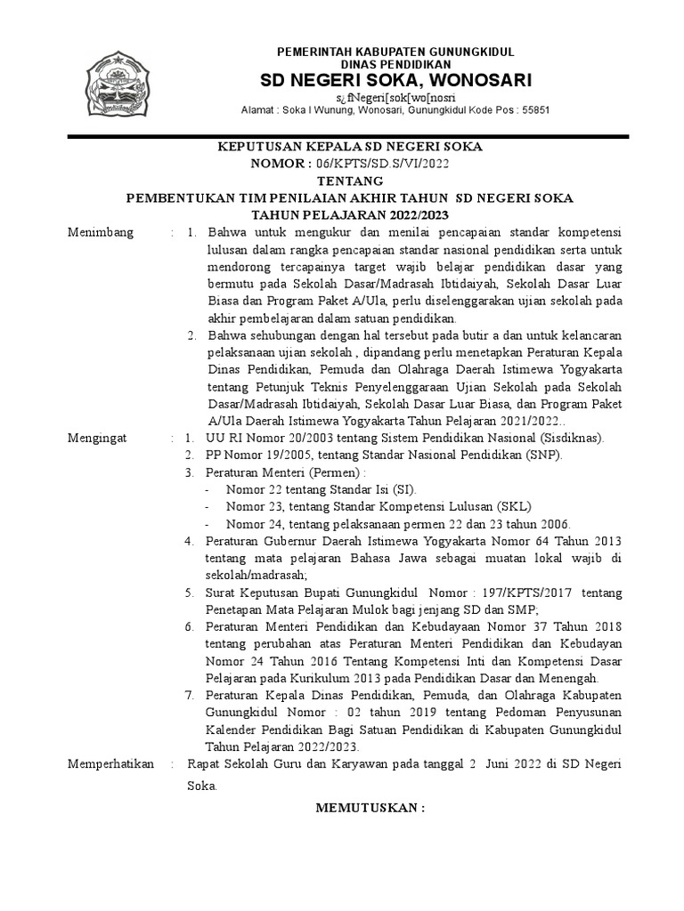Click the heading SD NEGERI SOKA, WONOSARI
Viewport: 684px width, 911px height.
click(395, 81)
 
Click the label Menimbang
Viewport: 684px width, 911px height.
click(101, 233)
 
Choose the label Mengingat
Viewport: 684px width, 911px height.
click(98, 439)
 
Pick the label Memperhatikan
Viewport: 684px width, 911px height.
click(111, 764)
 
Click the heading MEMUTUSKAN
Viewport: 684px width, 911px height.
click(371, 808)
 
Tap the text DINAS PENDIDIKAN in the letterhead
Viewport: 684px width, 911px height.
click(396, 65)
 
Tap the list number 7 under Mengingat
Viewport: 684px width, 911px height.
click(188, 694)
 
